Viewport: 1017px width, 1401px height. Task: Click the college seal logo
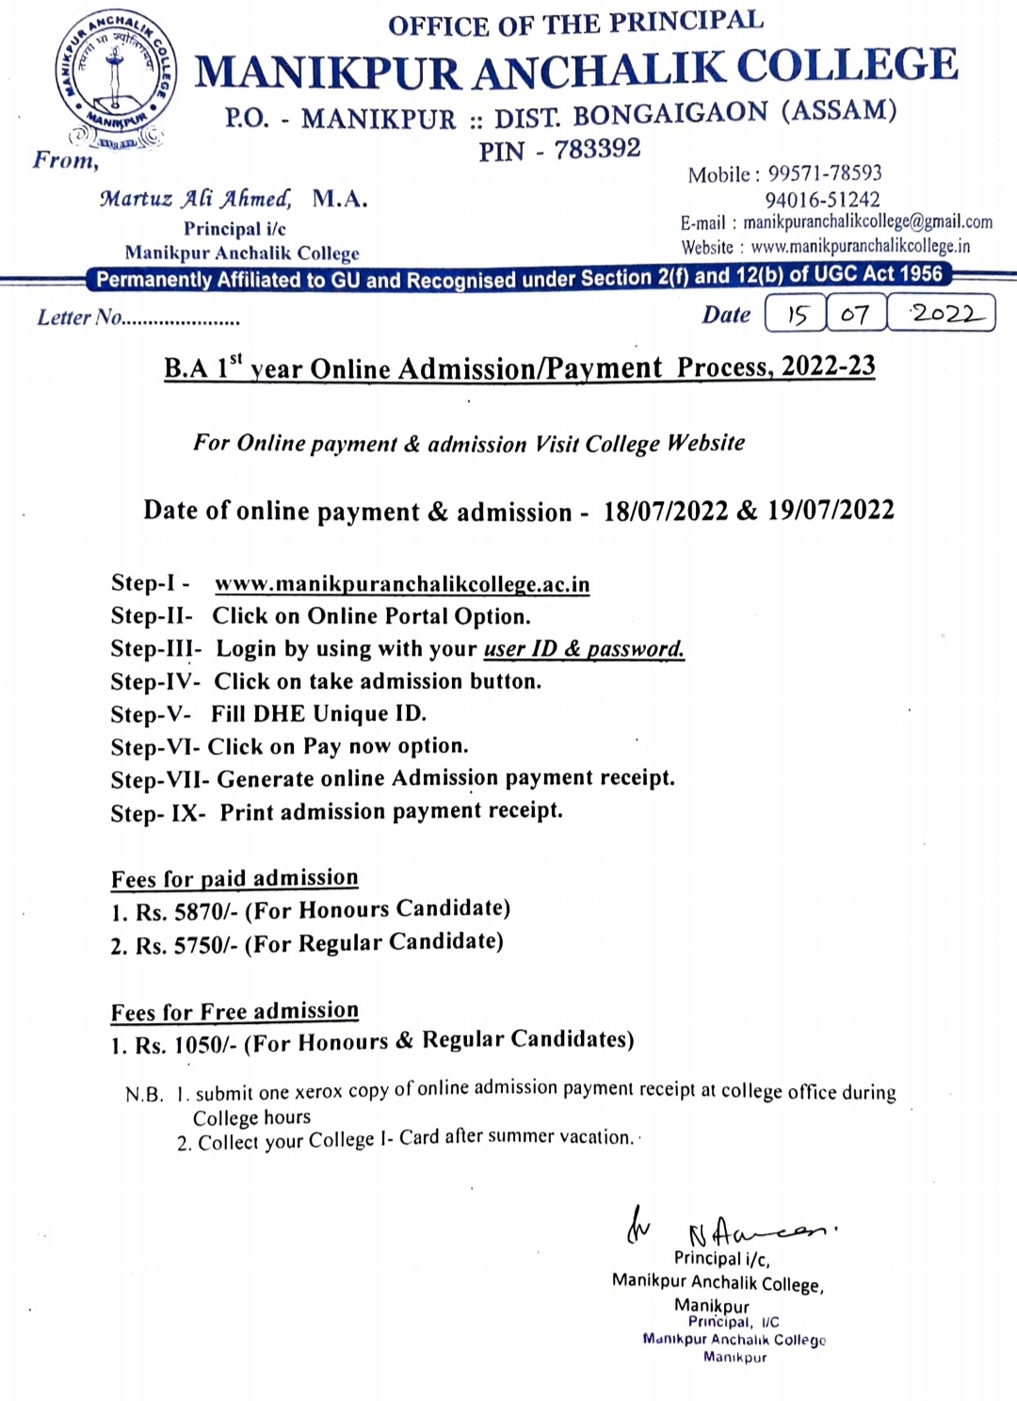coord(115,79)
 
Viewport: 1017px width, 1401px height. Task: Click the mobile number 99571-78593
coord(825,173)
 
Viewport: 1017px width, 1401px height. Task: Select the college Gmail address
coord(867,222)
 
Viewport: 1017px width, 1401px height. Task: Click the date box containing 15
coord(797,314)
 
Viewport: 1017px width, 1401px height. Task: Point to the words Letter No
coord(80,318)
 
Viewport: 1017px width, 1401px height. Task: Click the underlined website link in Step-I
coord(402,584)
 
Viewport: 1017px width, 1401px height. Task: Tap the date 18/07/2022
coord(666,511)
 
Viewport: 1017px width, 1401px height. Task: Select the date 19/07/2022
coord(831,510)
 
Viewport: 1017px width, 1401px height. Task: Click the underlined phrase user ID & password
coord(584,649)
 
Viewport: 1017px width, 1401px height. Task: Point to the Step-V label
coord(151,714)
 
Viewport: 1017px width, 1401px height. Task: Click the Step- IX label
coord(157,813)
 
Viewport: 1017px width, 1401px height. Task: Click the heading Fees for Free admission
coord(234,1012)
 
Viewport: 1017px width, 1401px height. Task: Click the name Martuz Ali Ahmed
coord(196,199)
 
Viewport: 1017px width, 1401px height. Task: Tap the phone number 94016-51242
coord(822,200)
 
